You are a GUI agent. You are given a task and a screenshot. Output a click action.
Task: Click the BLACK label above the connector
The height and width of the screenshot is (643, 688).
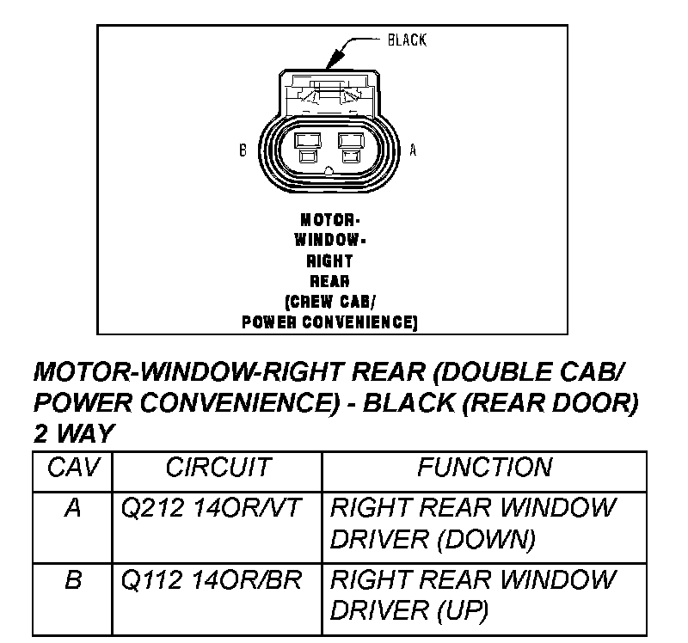[407, 40]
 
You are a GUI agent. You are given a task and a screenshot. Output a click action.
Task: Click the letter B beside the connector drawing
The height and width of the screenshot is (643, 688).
[243, 150]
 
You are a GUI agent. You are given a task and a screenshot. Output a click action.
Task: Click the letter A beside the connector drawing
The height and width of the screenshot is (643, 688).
[412, 150]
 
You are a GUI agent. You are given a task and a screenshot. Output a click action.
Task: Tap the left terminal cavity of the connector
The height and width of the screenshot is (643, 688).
[305, 146]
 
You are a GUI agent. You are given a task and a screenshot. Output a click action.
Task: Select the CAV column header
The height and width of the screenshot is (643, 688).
[73, 468]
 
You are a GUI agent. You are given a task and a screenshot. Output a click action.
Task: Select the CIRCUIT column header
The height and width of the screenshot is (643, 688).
[218, 468]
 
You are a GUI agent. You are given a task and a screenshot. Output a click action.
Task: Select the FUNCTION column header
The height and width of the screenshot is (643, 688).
[484, 468]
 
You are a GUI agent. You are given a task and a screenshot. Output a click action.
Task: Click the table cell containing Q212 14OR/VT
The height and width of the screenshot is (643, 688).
[212, 508]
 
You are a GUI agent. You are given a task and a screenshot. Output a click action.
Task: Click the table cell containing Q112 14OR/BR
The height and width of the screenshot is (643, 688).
[212, 580]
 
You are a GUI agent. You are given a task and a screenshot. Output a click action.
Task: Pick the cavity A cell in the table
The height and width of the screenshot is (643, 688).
[73, 508]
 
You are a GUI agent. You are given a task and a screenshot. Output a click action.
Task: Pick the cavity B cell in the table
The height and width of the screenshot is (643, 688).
[73, 580]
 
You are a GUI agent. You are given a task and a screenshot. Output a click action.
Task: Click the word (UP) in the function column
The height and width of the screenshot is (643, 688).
[464, 611]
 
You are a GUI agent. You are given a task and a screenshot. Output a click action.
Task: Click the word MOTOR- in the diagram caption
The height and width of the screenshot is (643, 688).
[329, 219]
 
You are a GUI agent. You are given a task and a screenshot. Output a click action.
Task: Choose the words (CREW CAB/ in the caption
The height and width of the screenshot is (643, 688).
[329, 302]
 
